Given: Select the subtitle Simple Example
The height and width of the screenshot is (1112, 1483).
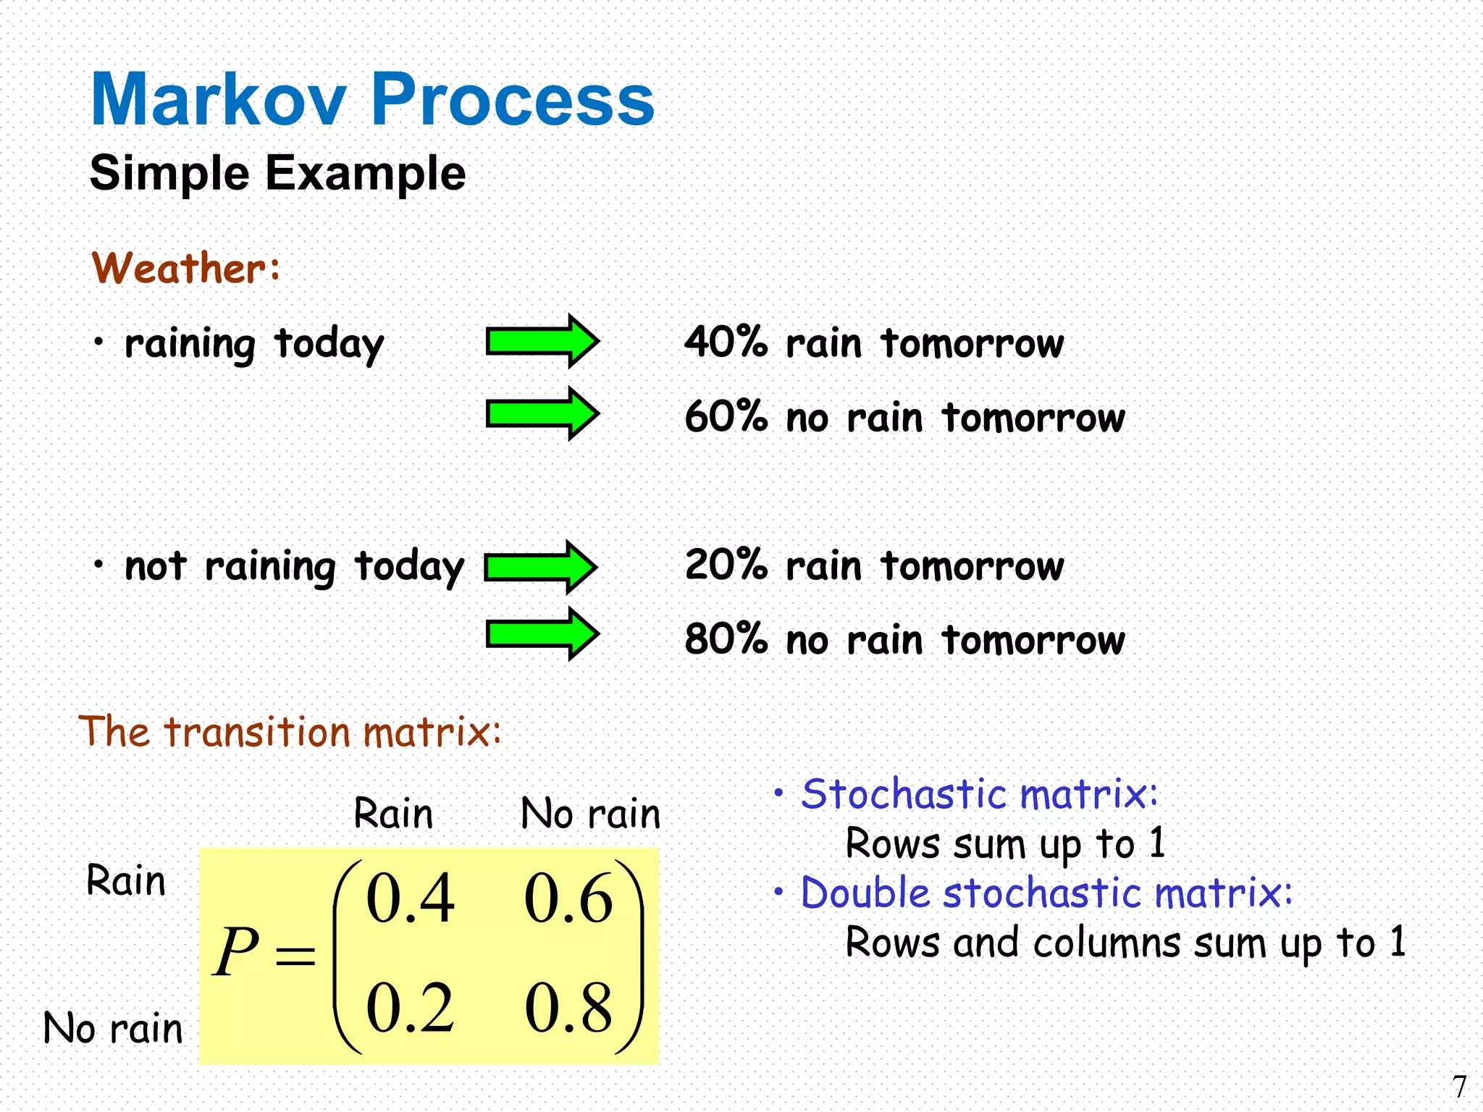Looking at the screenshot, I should (x=277, y=173).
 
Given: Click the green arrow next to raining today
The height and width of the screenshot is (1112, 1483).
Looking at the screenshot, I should (x=542, y=341).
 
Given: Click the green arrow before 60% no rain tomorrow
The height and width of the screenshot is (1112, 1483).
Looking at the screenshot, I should (x=542, y=413).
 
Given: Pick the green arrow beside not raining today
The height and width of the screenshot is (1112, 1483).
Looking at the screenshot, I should (x=540, y=567).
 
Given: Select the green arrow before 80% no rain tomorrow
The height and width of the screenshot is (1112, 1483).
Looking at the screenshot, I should (x=542, y=634).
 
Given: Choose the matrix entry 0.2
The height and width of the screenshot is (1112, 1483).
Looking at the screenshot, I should (x=410, y=1008).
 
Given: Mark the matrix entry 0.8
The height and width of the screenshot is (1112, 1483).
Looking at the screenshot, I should (x=568, y=1008).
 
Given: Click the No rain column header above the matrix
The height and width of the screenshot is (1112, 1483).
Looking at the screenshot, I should (x=590, y=814).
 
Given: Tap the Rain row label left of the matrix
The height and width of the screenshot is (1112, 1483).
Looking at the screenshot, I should (x=126, y=881).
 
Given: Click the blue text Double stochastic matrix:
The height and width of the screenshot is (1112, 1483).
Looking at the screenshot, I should (x=1046, y=893).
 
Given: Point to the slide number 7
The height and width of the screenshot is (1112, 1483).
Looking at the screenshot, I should (x=1459, y=1087).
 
